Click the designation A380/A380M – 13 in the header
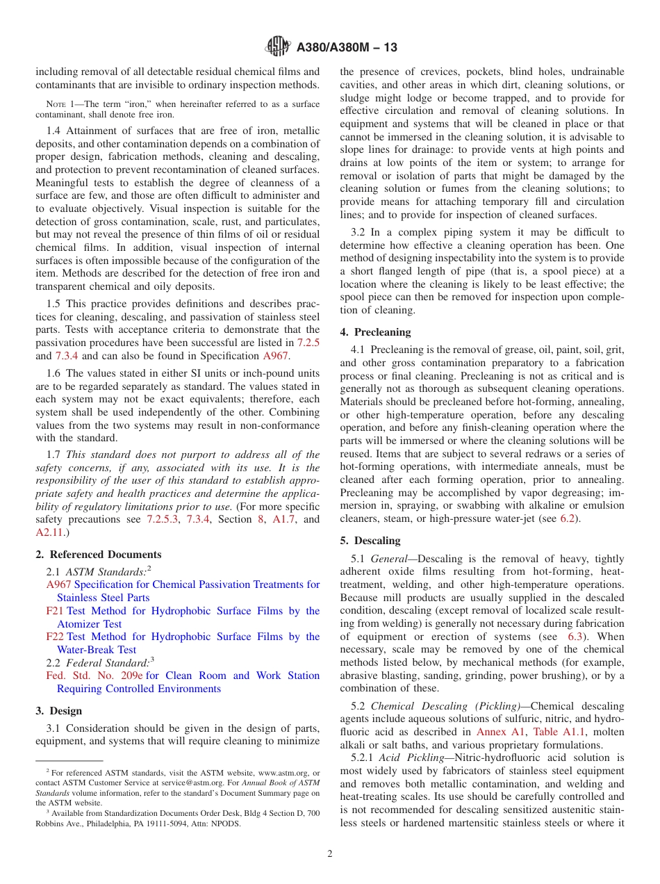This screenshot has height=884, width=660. pos(347,48)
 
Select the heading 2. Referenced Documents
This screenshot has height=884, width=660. pos(99,555)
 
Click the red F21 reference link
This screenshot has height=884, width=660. pos(54,611)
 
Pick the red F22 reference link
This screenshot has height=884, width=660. pos(55,637)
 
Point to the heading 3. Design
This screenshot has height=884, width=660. pos(59,711)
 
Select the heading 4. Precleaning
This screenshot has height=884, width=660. pos(376,332)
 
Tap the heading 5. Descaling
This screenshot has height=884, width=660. pos(370,541)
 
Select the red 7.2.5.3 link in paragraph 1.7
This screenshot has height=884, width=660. pos(162,519)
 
